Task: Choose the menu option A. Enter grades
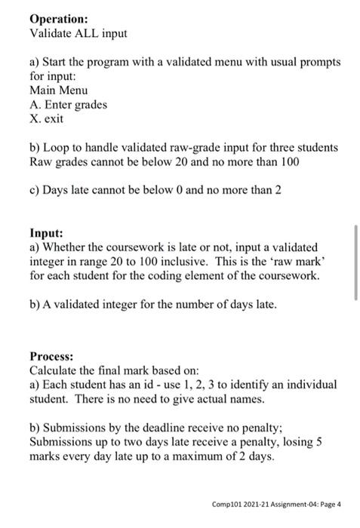(x=68, y=104)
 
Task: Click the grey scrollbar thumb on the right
(x=355, y=272)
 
